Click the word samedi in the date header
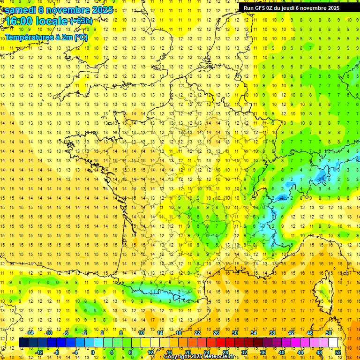[x=21, y=10]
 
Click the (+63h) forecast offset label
[x=81, y=21]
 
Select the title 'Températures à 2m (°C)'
[x=46, y=37]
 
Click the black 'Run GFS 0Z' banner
[x=299, y=7]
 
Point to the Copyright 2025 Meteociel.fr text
[x=199, y=357]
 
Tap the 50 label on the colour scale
[x=328, y=333]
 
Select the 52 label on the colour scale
[x=337, y=352]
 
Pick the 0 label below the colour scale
[x=93, y=352]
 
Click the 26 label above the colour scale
[x=216, y=333]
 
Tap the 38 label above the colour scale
[x=272, y=333]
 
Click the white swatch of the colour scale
[x=333, y=343]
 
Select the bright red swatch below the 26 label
[x=221, y=343]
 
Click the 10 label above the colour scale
[x=141, y=333]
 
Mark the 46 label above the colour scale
[x=309, y=333]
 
